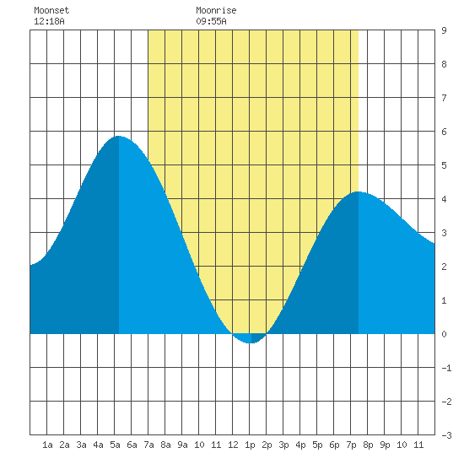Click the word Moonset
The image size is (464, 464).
point(51,10)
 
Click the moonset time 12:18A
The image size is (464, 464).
point(49,21)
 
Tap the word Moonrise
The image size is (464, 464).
point(216,10)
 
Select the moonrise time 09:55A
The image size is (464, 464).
point(211,21)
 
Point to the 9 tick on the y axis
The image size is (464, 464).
point(444,30)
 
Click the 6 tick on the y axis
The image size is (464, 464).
point(444,132)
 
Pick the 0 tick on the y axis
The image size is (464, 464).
point(444,334)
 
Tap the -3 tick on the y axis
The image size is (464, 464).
point(446,435)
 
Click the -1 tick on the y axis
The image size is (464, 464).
point(446,368)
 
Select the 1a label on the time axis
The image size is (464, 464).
point(47,445)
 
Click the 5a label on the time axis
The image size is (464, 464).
point(115,445)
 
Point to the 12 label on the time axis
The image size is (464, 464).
point(233,445)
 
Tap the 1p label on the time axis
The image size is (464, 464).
point(250,445)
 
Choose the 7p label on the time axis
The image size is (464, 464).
point(351,445)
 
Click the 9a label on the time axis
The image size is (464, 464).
point(182,445)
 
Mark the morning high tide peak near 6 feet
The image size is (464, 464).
point(118,136)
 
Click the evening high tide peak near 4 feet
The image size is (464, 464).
point(358,192)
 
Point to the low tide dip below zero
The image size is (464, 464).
point(250,343)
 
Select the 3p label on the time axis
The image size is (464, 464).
point(283,445)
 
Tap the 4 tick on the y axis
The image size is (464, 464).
point(444,199)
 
